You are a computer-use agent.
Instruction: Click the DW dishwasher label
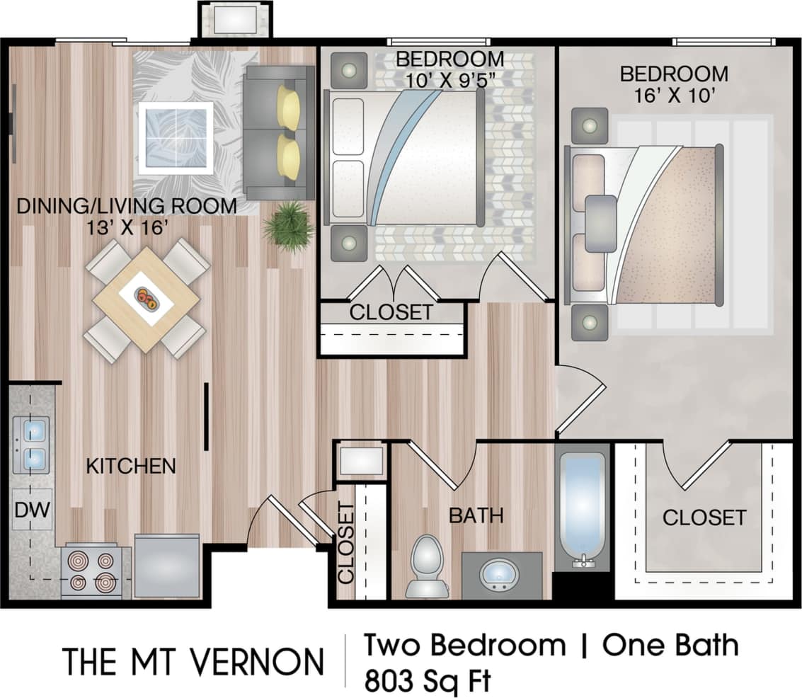tap(31, 510)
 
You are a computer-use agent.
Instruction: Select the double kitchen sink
tap(30, 445)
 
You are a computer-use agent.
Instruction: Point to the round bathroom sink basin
tap(500, 573)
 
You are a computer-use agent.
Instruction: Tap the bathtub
tap(582, 507)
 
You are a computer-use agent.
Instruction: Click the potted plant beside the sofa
tap(289, 226)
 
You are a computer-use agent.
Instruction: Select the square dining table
tap(145, 299)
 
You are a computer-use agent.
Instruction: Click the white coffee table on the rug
tap(176, 138)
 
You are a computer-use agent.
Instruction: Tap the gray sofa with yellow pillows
tap(278, 132)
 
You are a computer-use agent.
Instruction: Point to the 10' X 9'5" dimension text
tap(449, 79)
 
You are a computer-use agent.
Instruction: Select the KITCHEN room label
tap(131, 466)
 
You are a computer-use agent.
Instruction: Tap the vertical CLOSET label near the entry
tap(346, 542)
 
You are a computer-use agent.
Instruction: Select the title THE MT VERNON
tap(193, 661)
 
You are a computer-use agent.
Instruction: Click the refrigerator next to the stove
tap(167, 566)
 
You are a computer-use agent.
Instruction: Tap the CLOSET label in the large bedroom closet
tap(704, 517)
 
